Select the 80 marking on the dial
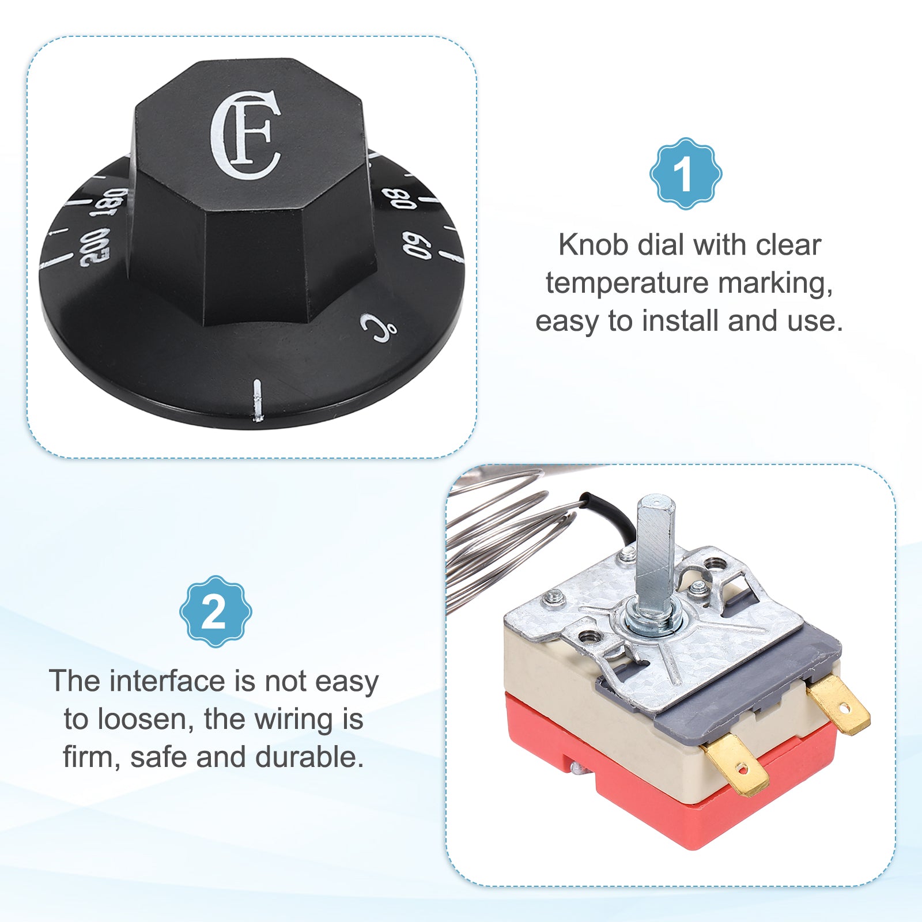(x=400, y=199)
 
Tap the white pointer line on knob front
(x=257, y=400)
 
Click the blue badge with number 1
(x=685, y=173)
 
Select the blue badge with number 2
(x=215, y=611)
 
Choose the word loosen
(x=145, y=719)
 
